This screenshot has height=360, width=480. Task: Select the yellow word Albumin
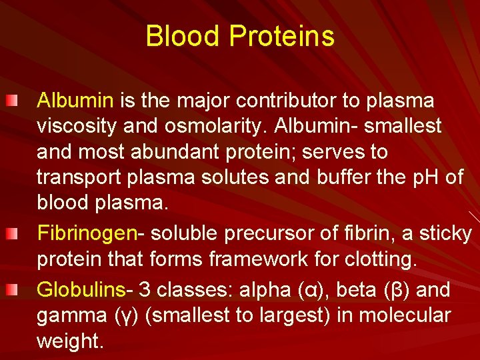click(x=75, y=101)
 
